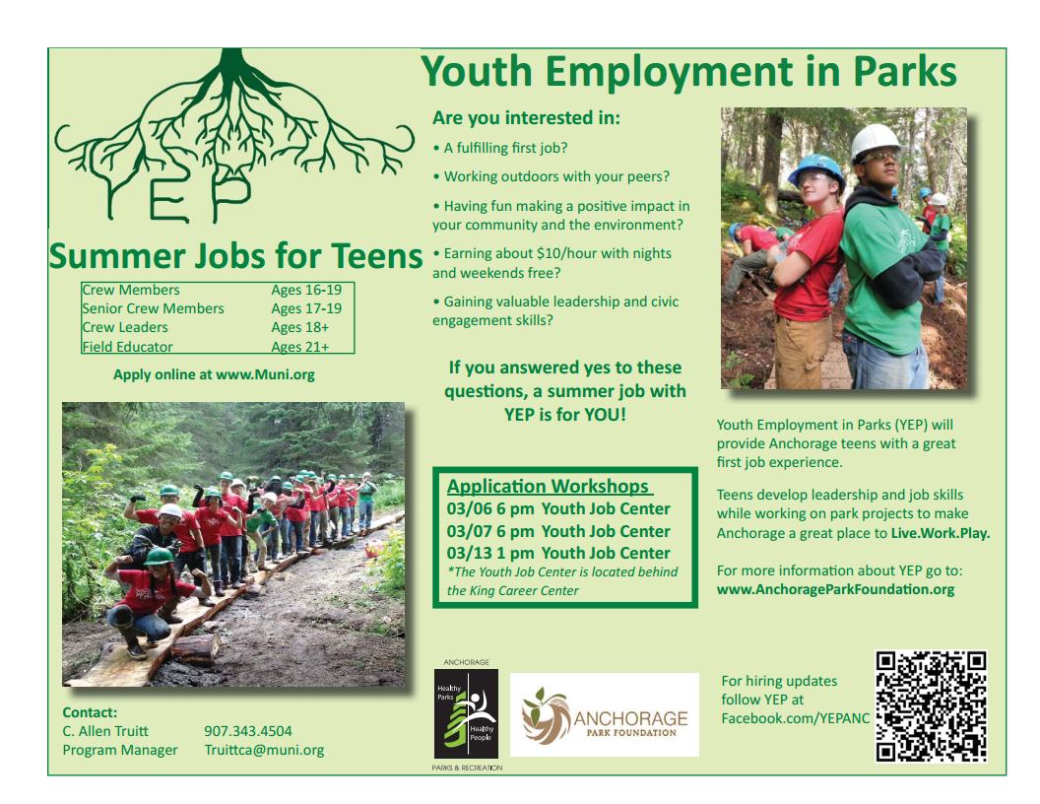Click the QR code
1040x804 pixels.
pos(931,705)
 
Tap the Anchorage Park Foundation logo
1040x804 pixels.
pos(605,714)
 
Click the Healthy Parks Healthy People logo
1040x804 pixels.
pos(466,713)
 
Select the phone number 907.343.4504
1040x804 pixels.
pos(248,731)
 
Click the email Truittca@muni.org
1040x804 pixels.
pos(264,750)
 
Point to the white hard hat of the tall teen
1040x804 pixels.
pos(875,141)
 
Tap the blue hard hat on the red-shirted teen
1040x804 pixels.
pos(815,167)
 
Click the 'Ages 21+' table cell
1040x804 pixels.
pos(299,347)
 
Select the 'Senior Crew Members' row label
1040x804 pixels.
pos(153,308)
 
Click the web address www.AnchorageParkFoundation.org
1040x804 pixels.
pos(835,590)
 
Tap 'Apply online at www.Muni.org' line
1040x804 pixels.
pos(214,374)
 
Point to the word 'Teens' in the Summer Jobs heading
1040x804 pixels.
pos(376,257)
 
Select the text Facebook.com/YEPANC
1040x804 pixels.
pos(795,718)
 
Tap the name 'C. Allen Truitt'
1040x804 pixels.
pos(105,731)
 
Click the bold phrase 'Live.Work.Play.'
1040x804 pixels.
pos(941,533)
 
